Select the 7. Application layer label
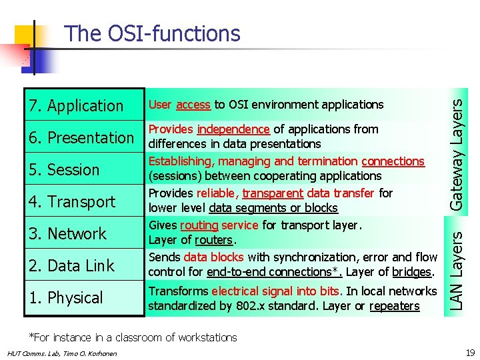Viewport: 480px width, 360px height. pyautogui.click(x=76, y=105)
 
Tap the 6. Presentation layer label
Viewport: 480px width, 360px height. pyautogui.click(x=81, y=137)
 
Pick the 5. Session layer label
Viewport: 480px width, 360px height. pyautogui.click(x=64, y=169)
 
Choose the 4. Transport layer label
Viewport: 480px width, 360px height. pyautogui.click(x=72, y=201)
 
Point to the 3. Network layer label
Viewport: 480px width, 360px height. pyautogui.click(x=67, y=233)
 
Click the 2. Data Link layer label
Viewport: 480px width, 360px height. pyautogui.click(x=71, y=265)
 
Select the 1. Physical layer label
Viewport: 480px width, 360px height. pyautogui.click(x=66, y=297)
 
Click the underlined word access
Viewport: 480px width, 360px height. pyautogui.click(x=194, y=105)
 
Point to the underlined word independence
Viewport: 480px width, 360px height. pyautogui.click(x=233, y=129)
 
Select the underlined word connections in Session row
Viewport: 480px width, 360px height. pyautogui.click(x=393, y=161)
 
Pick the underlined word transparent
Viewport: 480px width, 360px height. pyautogui.click(x=271, y=193)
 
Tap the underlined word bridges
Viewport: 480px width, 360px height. pyautogui.click(x=411, y=272)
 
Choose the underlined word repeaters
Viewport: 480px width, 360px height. pyautogui.click(x=395, y=306)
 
